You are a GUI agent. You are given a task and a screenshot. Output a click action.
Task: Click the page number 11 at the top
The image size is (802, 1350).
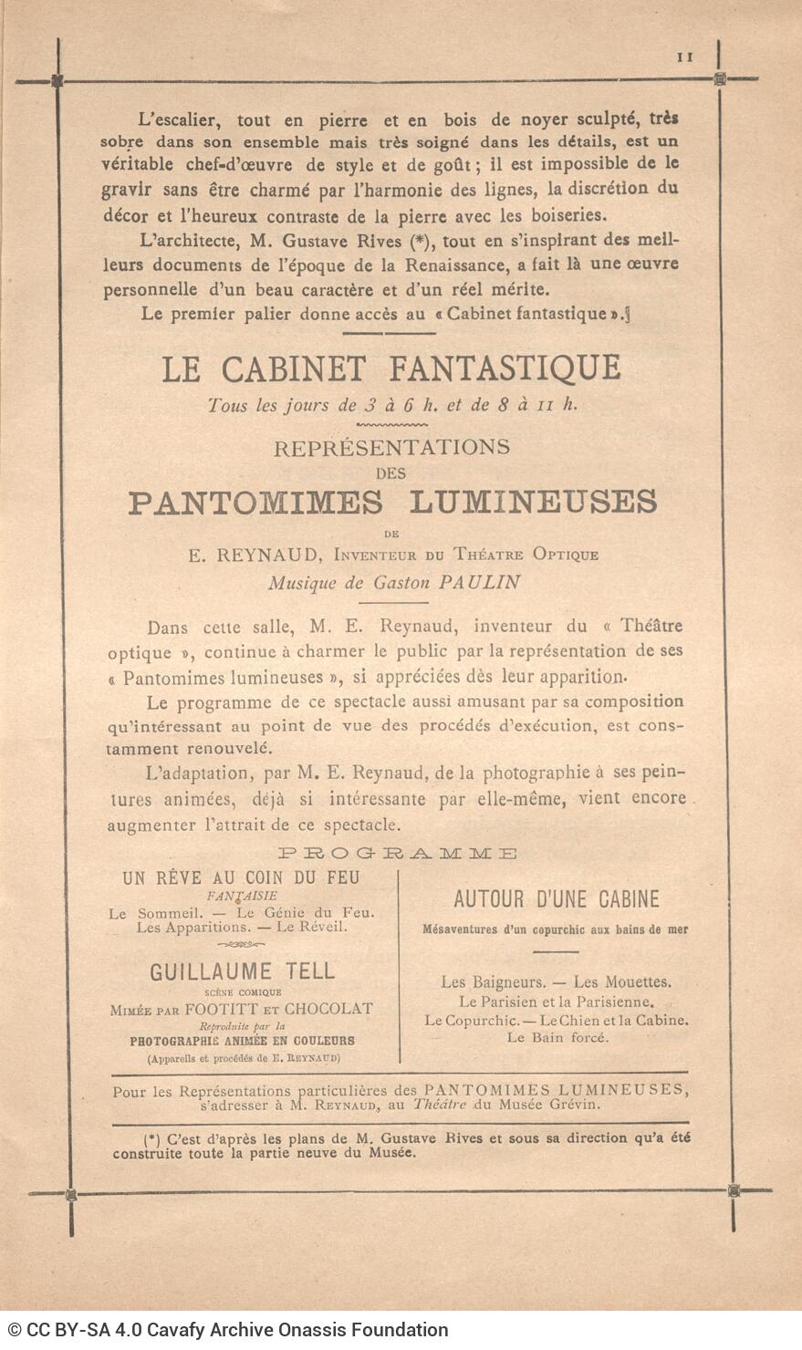[x=685, y=57]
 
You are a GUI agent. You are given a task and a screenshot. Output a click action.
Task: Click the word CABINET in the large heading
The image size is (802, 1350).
[x=294, y=369]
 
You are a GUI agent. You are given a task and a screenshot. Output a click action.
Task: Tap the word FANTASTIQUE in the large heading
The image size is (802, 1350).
[x=505, y=369]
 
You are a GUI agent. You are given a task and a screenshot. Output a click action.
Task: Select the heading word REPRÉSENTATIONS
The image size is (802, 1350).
[x=391, y=448]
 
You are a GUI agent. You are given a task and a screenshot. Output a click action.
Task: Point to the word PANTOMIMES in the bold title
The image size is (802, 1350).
[x=256, y=503]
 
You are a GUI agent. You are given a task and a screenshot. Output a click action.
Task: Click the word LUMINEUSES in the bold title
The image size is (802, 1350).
[x=533, y=503]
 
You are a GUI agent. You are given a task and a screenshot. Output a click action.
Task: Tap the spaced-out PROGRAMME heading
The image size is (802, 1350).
[x=398, y=854]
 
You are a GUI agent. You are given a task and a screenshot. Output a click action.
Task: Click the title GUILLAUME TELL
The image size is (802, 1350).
[x=243, y=971]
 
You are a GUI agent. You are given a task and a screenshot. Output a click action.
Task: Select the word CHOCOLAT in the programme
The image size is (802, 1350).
[x=328, y=1009]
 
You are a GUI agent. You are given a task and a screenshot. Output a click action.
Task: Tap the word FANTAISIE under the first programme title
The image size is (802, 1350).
[x=242, y=896]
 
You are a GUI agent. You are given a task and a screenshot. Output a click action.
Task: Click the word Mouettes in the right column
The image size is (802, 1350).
[x=636, y=982]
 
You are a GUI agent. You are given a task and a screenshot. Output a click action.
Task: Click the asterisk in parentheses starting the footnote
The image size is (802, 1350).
[x=151, y=1138]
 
